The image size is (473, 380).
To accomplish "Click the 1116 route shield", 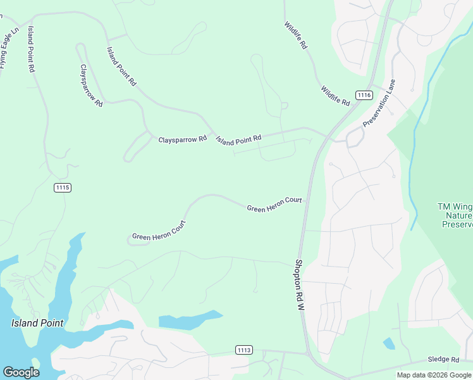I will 364,95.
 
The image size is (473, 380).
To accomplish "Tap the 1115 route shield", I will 63,187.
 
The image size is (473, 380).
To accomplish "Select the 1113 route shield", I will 244,350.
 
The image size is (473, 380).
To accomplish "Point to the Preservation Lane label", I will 379,103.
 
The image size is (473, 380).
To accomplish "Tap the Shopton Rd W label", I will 300,284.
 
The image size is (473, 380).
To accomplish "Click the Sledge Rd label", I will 443,359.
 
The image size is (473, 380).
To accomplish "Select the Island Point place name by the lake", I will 37,323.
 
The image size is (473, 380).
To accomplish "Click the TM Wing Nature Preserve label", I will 455,215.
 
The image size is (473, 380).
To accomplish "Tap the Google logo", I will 21,372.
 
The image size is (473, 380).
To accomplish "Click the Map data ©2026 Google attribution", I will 434,375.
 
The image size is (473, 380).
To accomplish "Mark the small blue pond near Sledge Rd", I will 389,343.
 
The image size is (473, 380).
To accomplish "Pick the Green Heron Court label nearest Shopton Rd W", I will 274,205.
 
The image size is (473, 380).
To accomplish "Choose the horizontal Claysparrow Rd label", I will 182,139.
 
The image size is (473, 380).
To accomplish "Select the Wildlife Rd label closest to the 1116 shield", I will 335,96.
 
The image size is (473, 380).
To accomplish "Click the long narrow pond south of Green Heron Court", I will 190,319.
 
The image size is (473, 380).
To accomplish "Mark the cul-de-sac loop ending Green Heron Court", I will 131,241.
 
